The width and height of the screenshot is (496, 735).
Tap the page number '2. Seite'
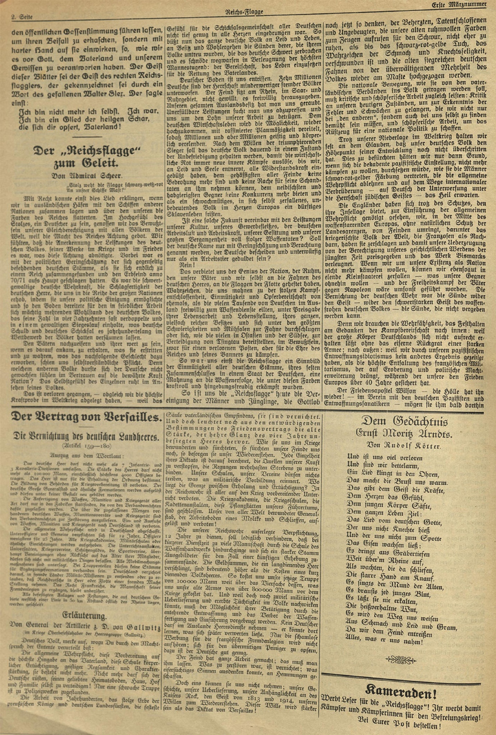coord(22,17)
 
